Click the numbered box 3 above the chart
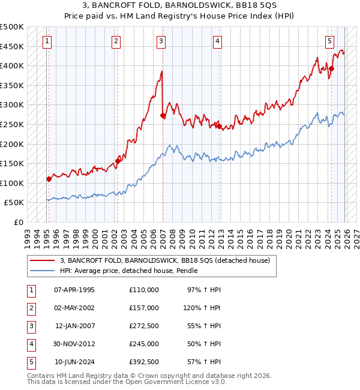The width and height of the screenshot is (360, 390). (x=161, y=41)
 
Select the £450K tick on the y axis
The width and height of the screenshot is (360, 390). (x=12, y=46)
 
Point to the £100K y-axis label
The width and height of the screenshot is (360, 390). (x=12, y=183)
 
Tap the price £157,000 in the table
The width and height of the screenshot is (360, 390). (x=143, y=308)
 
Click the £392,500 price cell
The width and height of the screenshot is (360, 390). (x=143, y=362)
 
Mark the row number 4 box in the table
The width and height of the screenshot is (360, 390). (x=30, y=344)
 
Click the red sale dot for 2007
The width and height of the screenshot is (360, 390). (x=163, y=116)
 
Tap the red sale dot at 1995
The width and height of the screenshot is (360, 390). (x=49, y=179)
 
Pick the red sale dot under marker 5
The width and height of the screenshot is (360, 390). (x=331, y=68)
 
